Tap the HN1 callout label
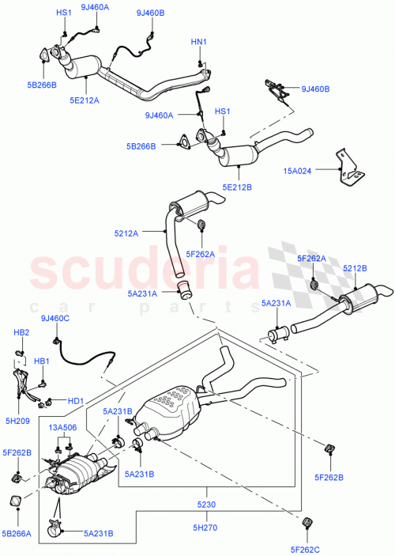pos(199,41)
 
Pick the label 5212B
pos(355,268)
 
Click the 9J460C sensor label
pos(56,319)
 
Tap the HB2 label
pos(22,332)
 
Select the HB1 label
pos(41,361)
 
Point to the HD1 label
pos(75,401)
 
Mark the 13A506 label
pos(63,428)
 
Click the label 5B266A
pos(17,534)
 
